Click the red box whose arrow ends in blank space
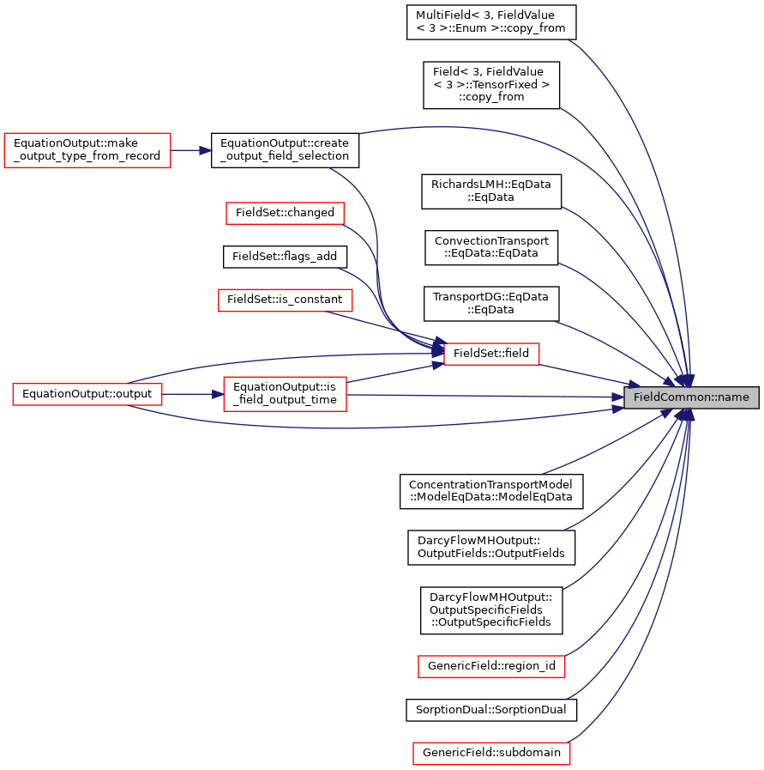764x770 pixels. [87, 150]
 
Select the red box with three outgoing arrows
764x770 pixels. [87, 394]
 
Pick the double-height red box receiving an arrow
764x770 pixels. [285, 394]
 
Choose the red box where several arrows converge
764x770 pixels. [491, 354]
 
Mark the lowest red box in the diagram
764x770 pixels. [491, 753]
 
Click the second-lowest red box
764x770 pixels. [491, 666]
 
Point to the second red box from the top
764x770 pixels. [285, 213]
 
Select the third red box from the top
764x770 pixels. [285, 300]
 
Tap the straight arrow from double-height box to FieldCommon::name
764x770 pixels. [480, 396]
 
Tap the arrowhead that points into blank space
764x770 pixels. [206, 150]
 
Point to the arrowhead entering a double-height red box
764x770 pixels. [218, 394]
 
